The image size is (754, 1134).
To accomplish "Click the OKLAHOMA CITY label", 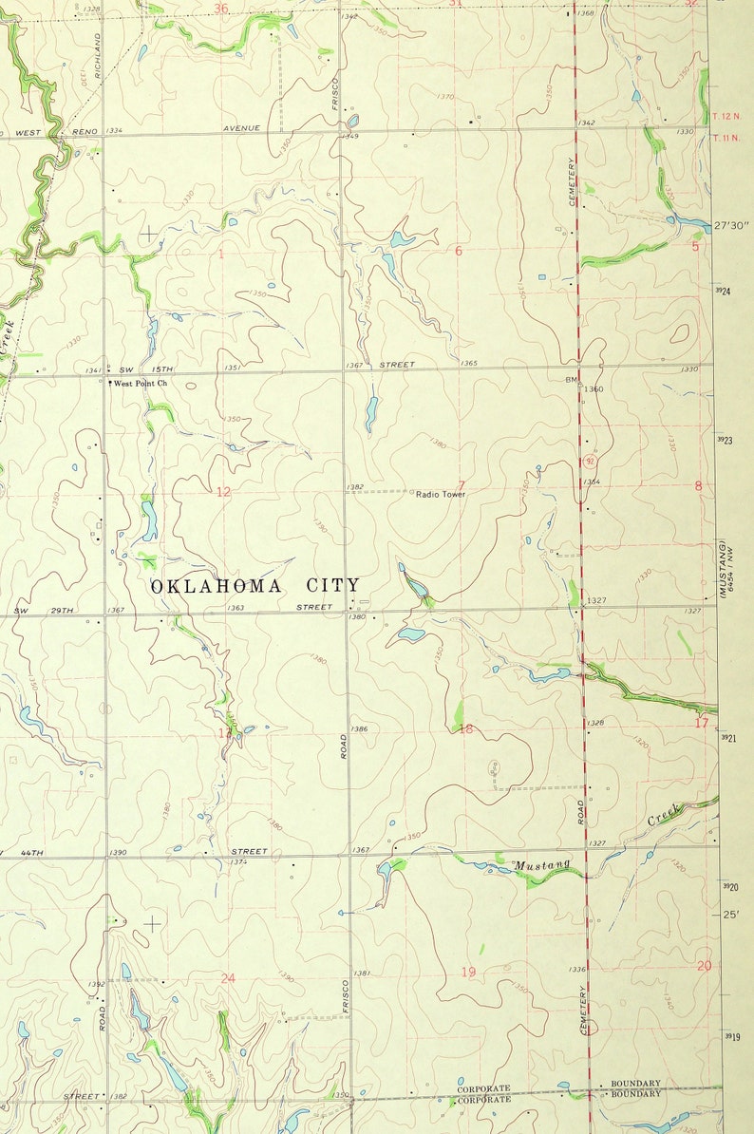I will [255, 586].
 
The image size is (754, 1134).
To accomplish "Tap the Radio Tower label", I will [441, 494].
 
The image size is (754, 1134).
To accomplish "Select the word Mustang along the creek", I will [543, 864].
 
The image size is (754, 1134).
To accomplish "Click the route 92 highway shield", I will [591, 463].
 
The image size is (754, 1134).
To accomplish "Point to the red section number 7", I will [462, 485].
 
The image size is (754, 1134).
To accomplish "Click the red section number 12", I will [223, 491].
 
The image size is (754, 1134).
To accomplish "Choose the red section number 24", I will [228, 978].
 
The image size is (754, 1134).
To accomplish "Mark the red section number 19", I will [468, 971].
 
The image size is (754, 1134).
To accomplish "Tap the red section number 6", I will [458, 251].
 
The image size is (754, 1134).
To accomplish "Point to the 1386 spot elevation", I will [359, 728].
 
